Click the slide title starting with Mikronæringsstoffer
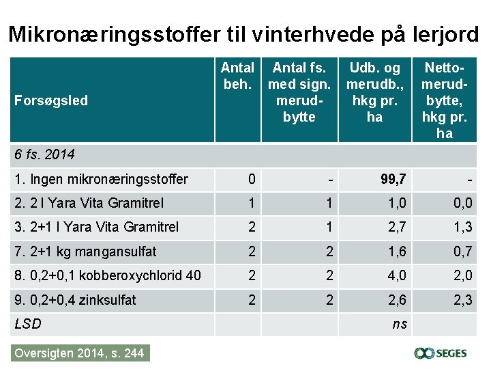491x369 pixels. (x=244, y=34)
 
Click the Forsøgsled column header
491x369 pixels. (x=51, y=100)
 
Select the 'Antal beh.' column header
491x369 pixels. (x=237, y=76)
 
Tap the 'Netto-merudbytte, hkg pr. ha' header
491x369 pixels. (x=444, y=100)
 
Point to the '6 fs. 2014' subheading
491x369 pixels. (x=44, y=154)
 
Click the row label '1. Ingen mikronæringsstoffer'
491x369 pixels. (x=101, y=180)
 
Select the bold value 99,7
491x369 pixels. (x=393, y=180)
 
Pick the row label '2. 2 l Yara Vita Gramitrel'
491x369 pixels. (x=89, y=203)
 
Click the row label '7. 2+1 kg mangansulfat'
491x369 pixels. (x=85, y=251)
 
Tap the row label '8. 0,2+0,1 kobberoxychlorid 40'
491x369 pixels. (x=107, y=276)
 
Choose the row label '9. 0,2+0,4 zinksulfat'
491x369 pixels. (x=75, y=300)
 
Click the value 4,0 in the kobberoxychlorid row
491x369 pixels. (x=398, y=276)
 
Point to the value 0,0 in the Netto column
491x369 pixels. (x=462, y=203)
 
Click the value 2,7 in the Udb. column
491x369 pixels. (x=398, y=228)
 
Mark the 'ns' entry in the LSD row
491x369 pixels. (x=399, y=325)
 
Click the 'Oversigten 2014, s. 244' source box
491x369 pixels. (x=80, y=353)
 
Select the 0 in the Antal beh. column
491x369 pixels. (x=252, y=180)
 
